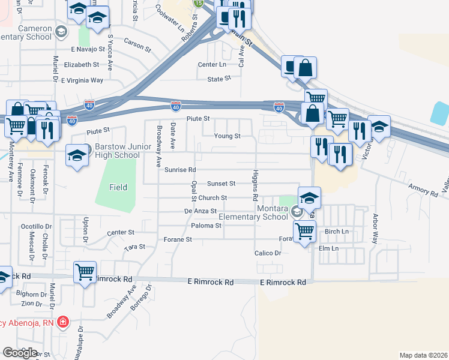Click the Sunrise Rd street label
(180, 170)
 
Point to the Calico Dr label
(268, 253)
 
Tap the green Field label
(118, 187)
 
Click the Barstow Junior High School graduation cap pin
(77, 156)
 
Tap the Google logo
(20, 353)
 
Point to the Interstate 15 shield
(199, 3)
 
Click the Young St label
(229, 136)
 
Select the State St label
(219, 79)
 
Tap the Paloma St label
(206, 226)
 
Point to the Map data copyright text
(423, 355)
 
